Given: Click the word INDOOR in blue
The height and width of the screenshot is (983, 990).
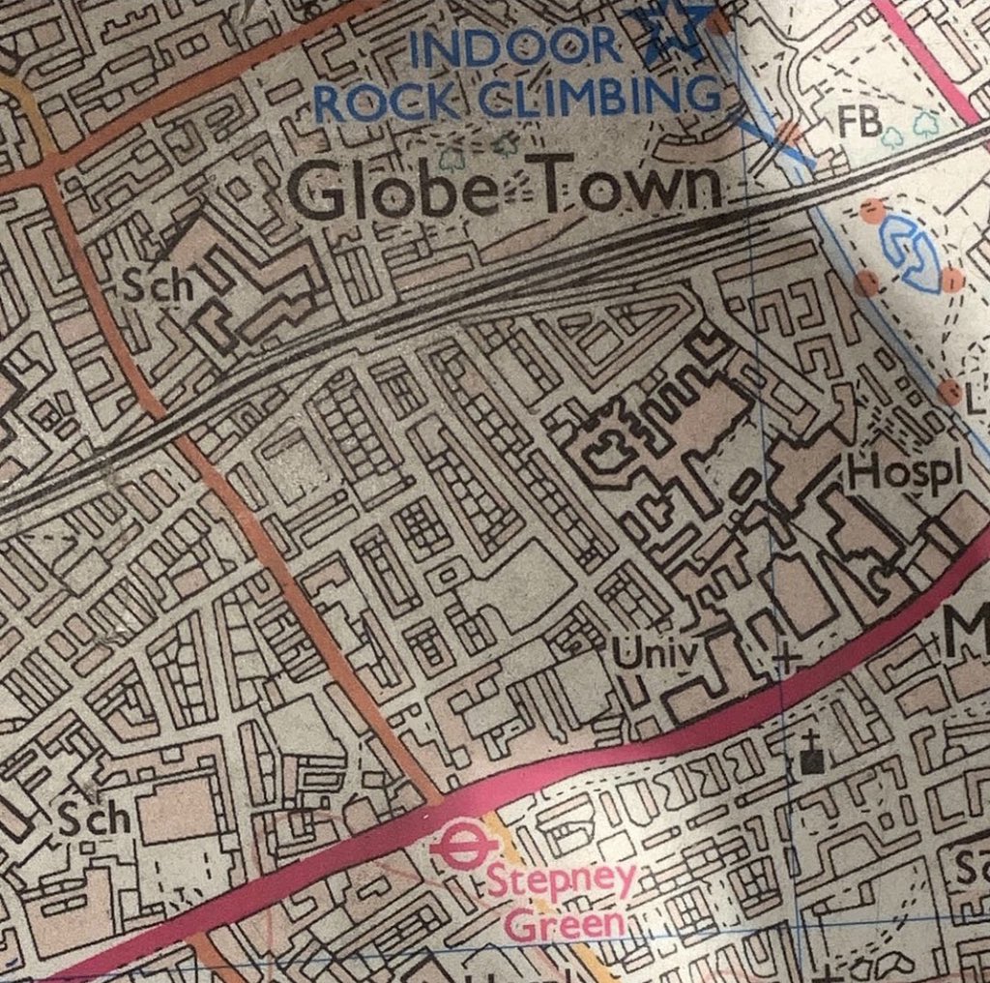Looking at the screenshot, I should [515, 46].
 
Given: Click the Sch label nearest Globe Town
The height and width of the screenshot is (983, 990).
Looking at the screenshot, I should [155, 287].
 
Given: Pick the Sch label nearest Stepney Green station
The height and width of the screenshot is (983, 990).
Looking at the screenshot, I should [95, 819].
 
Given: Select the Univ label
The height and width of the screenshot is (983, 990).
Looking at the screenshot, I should [655, 656].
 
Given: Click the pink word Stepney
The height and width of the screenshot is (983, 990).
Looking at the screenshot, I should [561, 882].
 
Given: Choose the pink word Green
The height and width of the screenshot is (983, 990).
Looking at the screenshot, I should [566, 924].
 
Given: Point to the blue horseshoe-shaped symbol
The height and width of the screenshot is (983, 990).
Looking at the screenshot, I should [911, 253].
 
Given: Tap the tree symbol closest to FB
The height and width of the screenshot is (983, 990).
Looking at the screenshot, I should [893, 134].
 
